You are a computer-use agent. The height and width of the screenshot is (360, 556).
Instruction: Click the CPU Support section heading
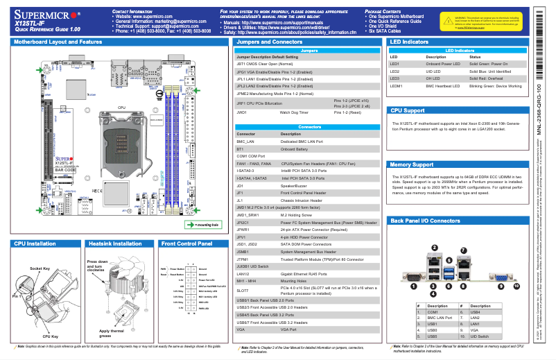tap(408, 110)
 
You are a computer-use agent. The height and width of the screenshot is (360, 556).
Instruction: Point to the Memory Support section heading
tap(412, 165)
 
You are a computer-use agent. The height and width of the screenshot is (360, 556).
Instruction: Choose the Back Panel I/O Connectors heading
tap(425, 221)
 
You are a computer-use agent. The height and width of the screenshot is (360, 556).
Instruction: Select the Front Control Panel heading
tap(186, 244)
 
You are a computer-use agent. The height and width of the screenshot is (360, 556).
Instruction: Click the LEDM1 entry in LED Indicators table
tap(396, 86)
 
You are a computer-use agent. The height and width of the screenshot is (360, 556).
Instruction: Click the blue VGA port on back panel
tap(498, 277)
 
